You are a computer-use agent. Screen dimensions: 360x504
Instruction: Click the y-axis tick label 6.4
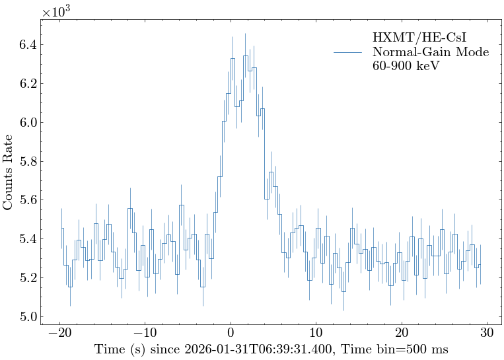point(26,45)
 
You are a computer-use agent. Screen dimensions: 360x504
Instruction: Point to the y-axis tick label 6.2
point(26,84)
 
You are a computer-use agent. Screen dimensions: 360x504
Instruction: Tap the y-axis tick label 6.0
point(26,123)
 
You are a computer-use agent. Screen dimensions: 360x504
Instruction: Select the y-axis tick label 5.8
point(26,161)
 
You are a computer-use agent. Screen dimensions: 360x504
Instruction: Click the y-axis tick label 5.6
point(26,200)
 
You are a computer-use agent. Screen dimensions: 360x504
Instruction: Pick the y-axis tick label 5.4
point(26,238)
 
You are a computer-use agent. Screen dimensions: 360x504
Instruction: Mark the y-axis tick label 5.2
point(26,277)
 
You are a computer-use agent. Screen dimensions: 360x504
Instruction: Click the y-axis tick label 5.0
point(26,316)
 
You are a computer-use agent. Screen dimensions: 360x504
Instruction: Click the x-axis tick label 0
point(231,332)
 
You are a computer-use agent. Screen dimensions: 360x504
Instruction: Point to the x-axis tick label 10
point(316,332)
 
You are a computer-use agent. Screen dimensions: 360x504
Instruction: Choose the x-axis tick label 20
point(402,332)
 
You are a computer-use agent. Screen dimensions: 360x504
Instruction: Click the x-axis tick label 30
point(488,332)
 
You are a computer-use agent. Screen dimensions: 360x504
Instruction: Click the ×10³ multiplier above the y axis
point(55,12)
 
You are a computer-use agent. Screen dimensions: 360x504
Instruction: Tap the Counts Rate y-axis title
point(9,172)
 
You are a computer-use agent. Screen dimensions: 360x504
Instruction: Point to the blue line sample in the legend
point(347,52)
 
